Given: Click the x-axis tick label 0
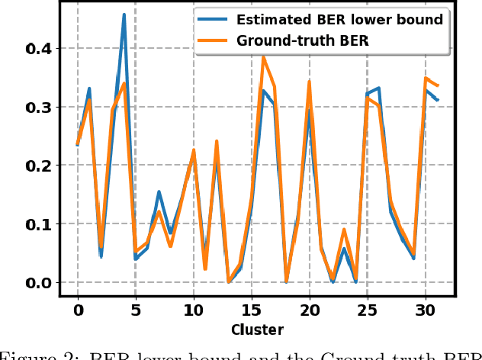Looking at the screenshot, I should [78, 311].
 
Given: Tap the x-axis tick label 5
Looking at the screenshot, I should [136, 311].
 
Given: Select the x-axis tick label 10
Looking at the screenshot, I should [194, 311].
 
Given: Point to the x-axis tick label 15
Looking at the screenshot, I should [252, 311].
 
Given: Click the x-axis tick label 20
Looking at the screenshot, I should [309, 311].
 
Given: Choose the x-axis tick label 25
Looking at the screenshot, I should [367, 311].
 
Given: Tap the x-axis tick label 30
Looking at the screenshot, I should [425, 311].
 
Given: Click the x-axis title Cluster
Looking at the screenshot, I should [258, 330].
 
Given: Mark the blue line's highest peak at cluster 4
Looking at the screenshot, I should [124, 14].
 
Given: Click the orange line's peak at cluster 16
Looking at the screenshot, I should [263, 57].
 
